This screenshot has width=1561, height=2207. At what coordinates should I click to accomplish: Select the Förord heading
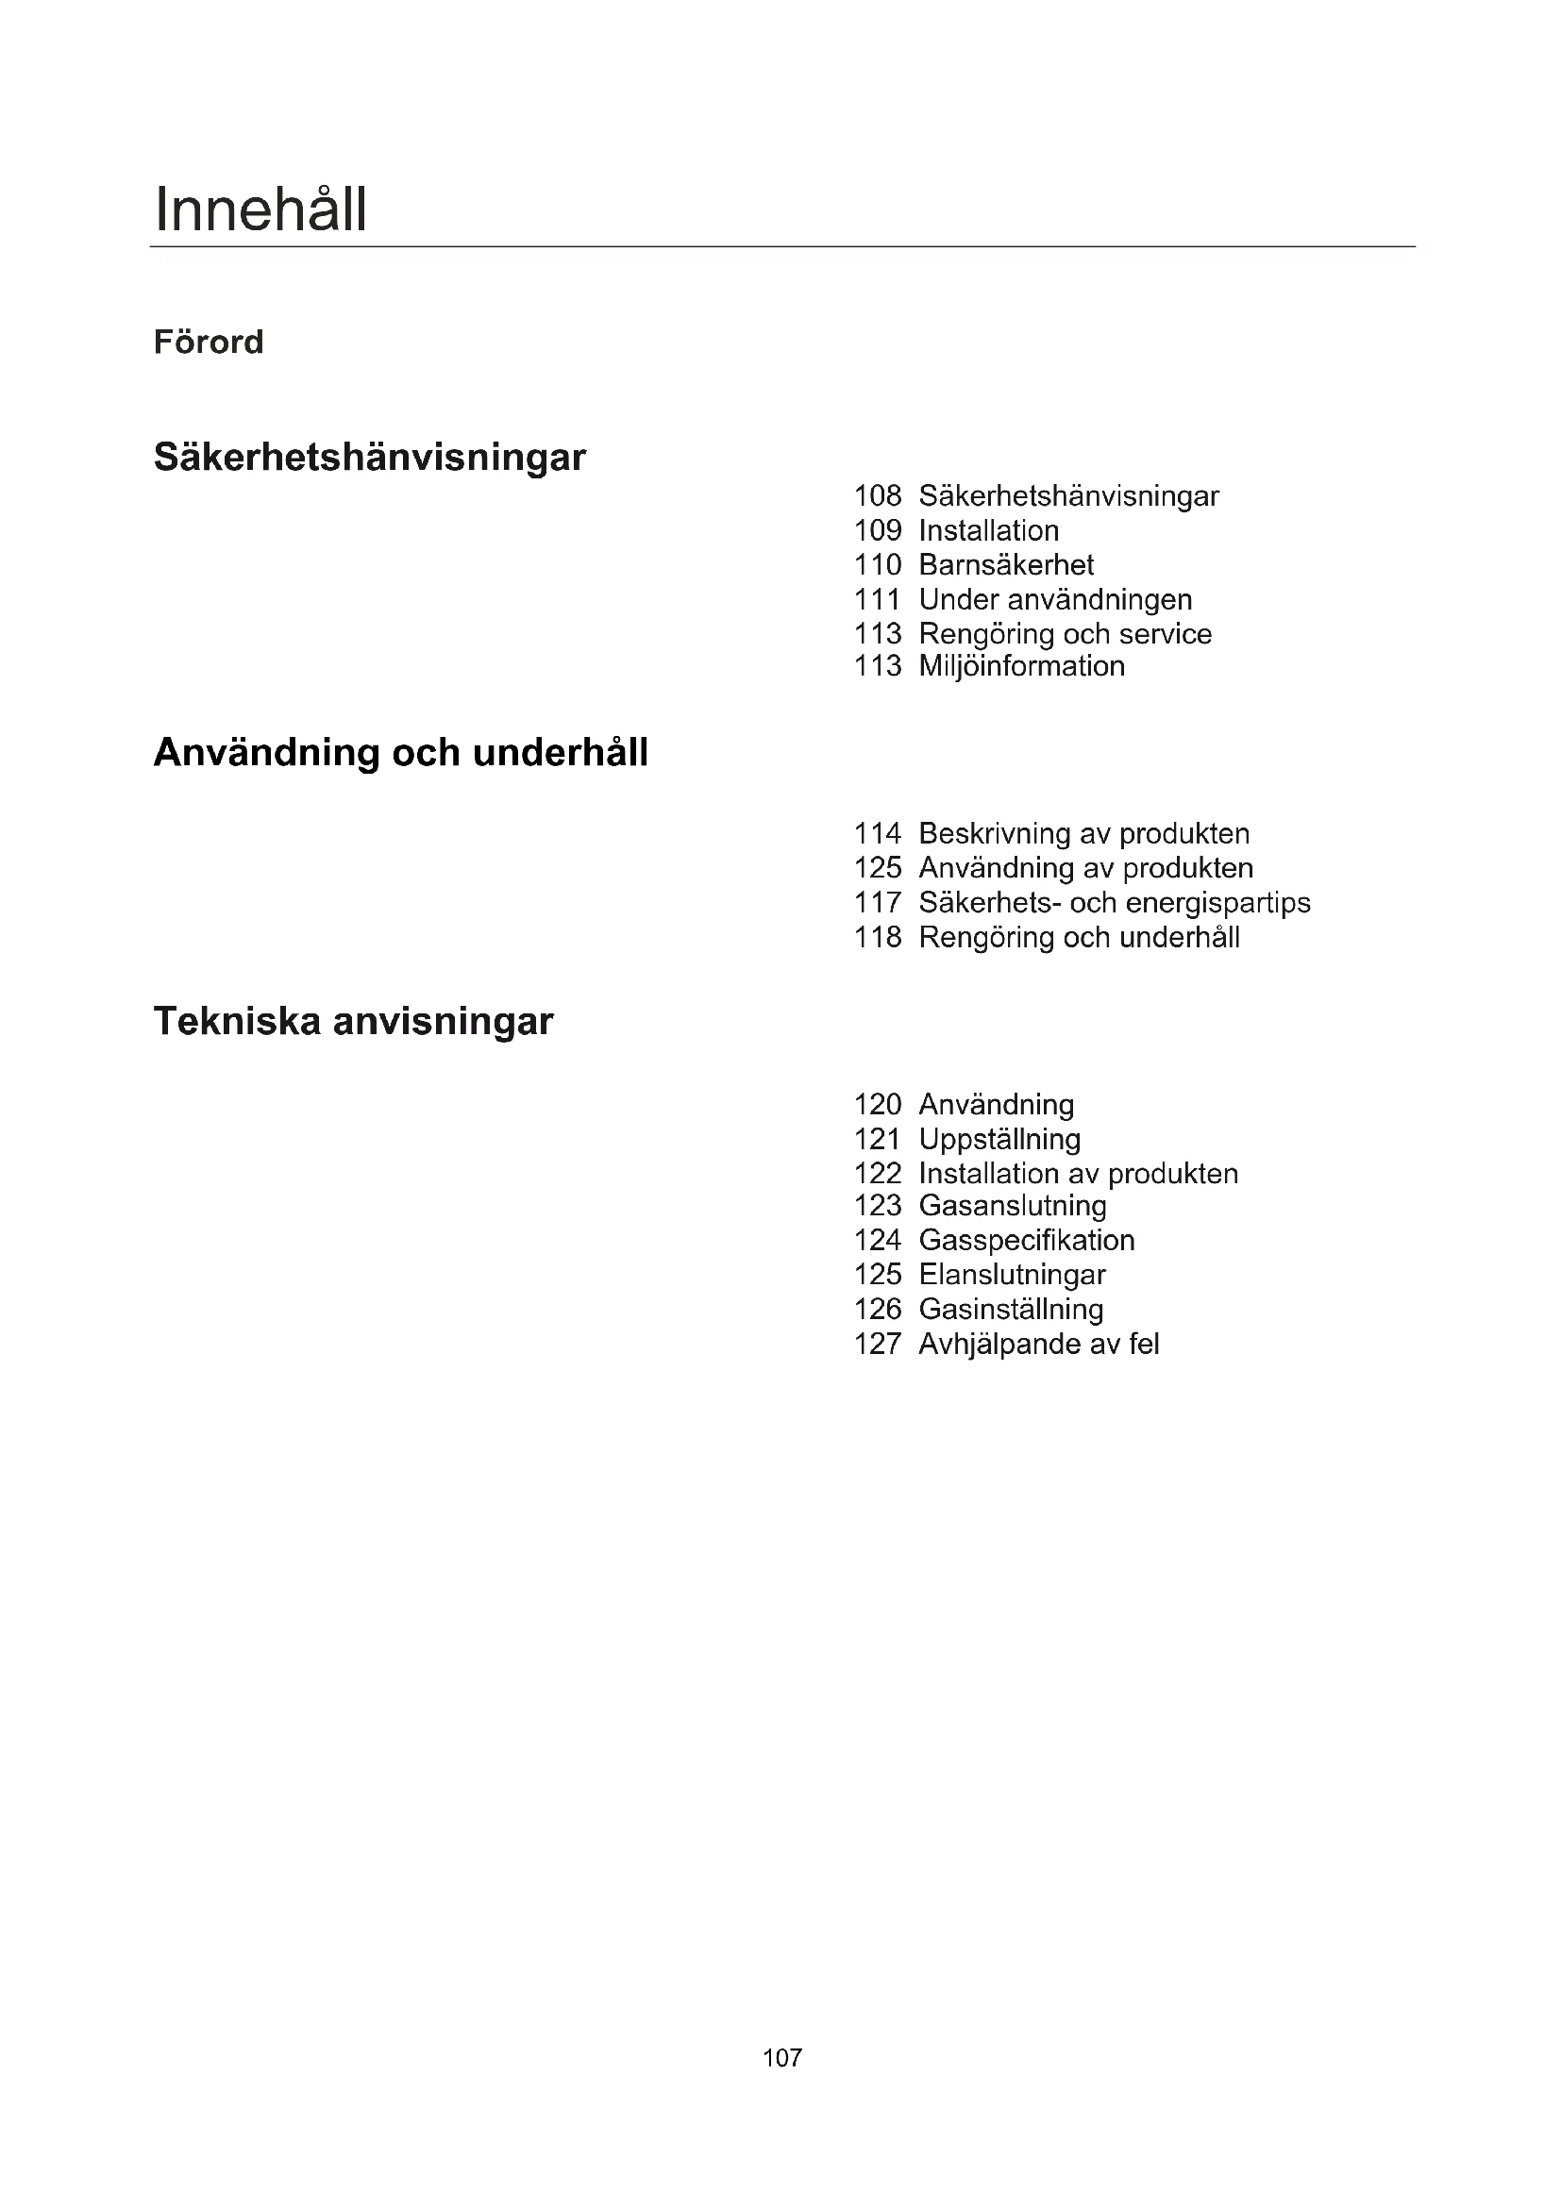209,343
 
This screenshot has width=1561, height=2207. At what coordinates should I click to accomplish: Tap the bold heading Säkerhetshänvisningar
369,457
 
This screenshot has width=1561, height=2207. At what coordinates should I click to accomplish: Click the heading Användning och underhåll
401,753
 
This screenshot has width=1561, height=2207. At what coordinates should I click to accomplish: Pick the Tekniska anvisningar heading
353,1021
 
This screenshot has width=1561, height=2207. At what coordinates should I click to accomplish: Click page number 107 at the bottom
781,2057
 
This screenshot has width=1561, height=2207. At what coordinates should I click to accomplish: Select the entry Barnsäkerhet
1005,565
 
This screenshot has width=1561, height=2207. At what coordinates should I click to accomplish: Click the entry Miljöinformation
1021,666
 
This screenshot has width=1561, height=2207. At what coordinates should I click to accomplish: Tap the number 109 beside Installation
878,530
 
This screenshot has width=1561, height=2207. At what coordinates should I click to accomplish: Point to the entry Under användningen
1054,600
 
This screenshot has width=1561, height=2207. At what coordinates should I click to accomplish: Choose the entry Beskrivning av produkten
1083,833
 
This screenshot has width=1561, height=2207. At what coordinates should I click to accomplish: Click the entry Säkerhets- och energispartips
1114,903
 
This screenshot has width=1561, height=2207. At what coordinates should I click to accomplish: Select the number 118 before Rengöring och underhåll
878,937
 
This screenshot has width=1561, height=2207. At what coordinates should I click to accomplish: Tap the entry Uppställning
999,1139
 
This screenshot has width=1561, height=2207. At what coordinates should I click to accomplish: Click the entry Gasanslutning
1012,1205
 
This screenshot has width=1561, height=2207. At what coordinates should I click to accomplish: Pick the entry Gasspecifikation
1026,1240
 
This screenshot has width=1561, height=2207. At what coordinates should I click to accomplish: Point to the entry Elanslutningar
1011,1275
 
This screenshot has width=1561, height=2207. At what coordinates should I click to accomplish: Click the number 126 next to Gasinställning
878,1310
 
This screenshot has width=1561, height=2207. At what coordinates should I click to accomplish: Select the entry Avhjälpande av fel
1038,1344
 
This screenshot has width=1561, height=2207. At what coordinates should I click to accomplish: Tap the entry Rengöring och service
1064,634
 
